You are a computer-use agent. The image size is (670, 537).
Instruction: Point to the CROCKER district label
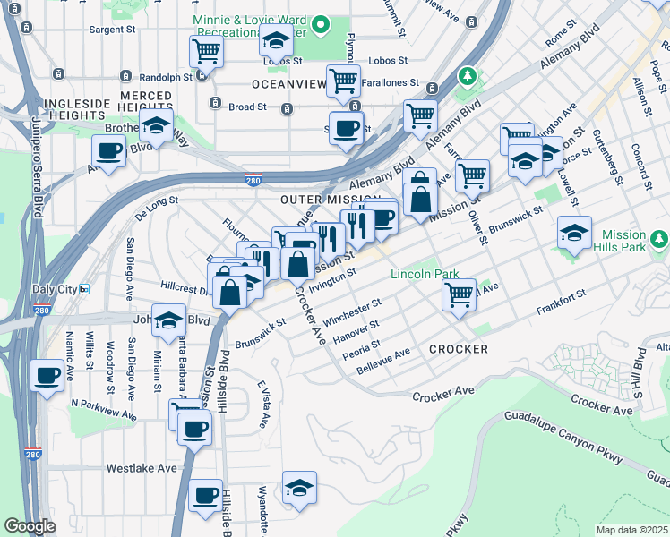[458, 348]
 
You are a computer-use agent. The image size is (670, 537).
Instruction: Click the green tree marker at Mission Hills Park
[660, 238]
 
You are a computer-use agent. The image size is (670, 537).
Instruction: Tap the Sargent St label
[111, 30]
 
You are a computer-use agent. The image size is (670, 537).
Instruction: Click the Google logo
[30, 526]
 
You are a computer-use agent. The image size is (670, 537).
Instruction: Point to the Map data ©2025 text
[631, 530]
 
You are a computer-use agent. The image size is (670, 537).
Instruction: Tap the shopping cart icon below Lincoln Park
[460, 294]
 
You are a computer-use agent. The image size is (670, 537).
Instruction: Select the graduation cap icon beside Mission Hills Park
[574, 234]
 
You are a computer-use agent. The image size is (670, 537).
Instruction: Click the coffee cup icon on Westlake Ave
[206, 494]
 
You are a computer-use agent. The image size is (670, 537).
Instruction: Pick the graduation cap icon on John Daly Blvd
[168, 320]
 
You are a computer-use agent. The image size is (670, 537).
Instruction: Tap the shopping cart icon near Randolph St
[206, 52]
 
